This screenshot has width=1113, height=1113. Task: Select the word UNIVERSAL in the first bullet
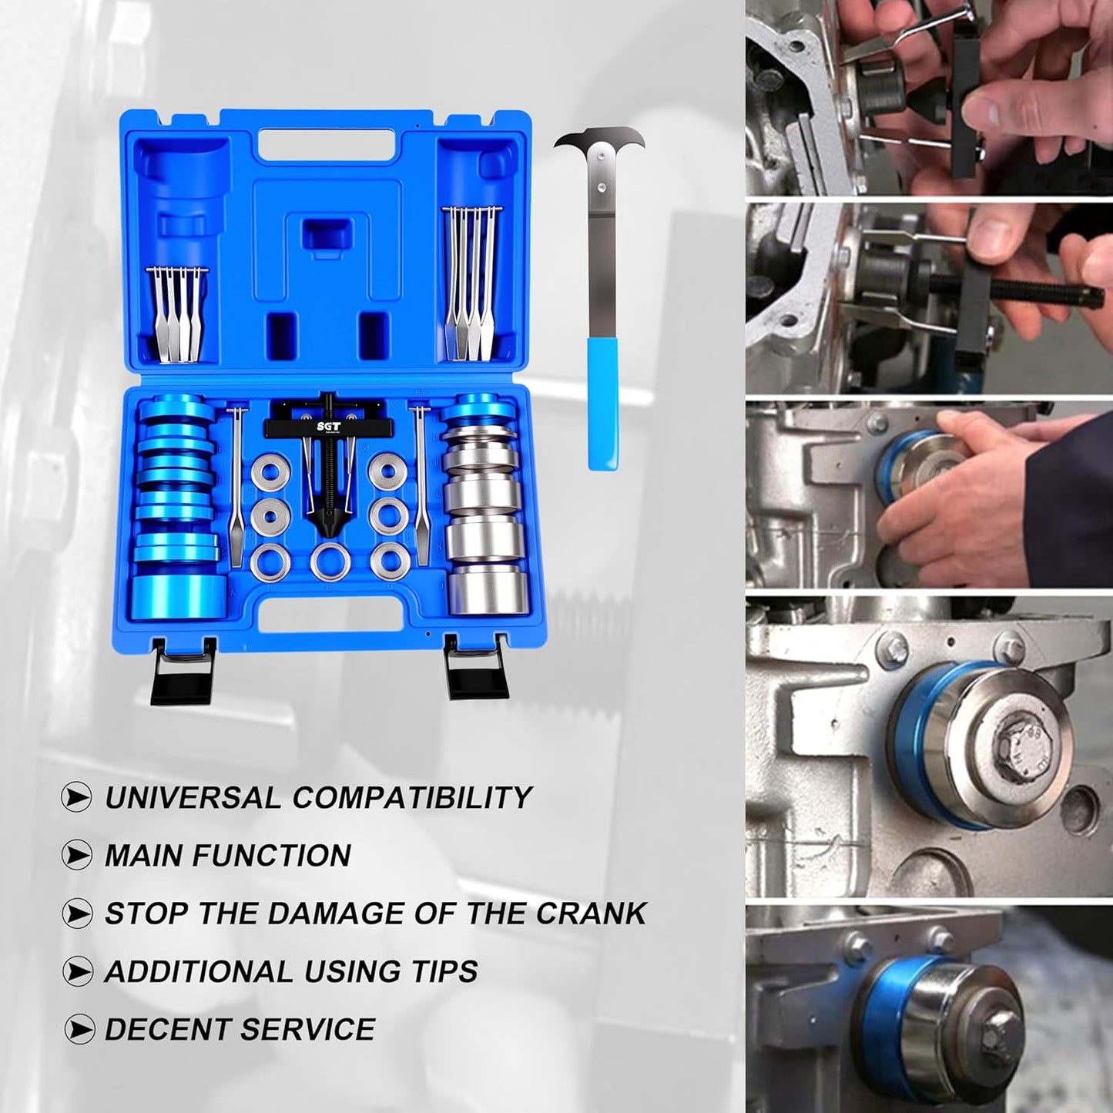[192, 797]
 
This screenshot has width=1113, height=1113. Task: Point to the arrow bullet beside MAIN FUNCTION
[77, 856]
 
